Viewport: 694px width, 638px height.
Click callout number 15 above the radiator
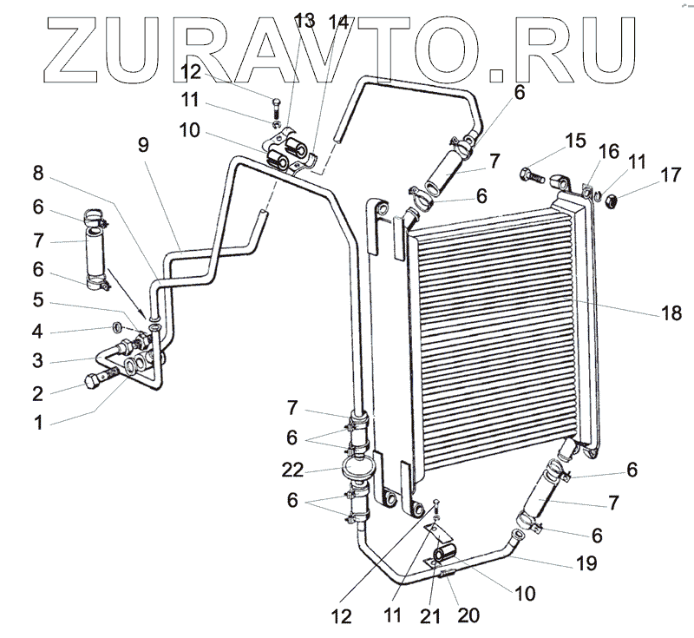coord(573,141)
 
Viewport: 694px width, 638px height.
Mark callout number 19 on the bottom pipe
coord(586,563)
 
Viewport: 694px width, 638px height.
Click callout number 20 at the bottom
coord(468,615)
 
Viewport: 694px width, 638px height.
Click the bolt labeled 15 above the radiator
coord(532,177)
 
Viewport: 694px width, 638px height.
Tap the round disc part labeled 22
coord(358,470)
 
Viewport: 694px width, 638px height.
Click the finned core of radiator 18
coord(494,339)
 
